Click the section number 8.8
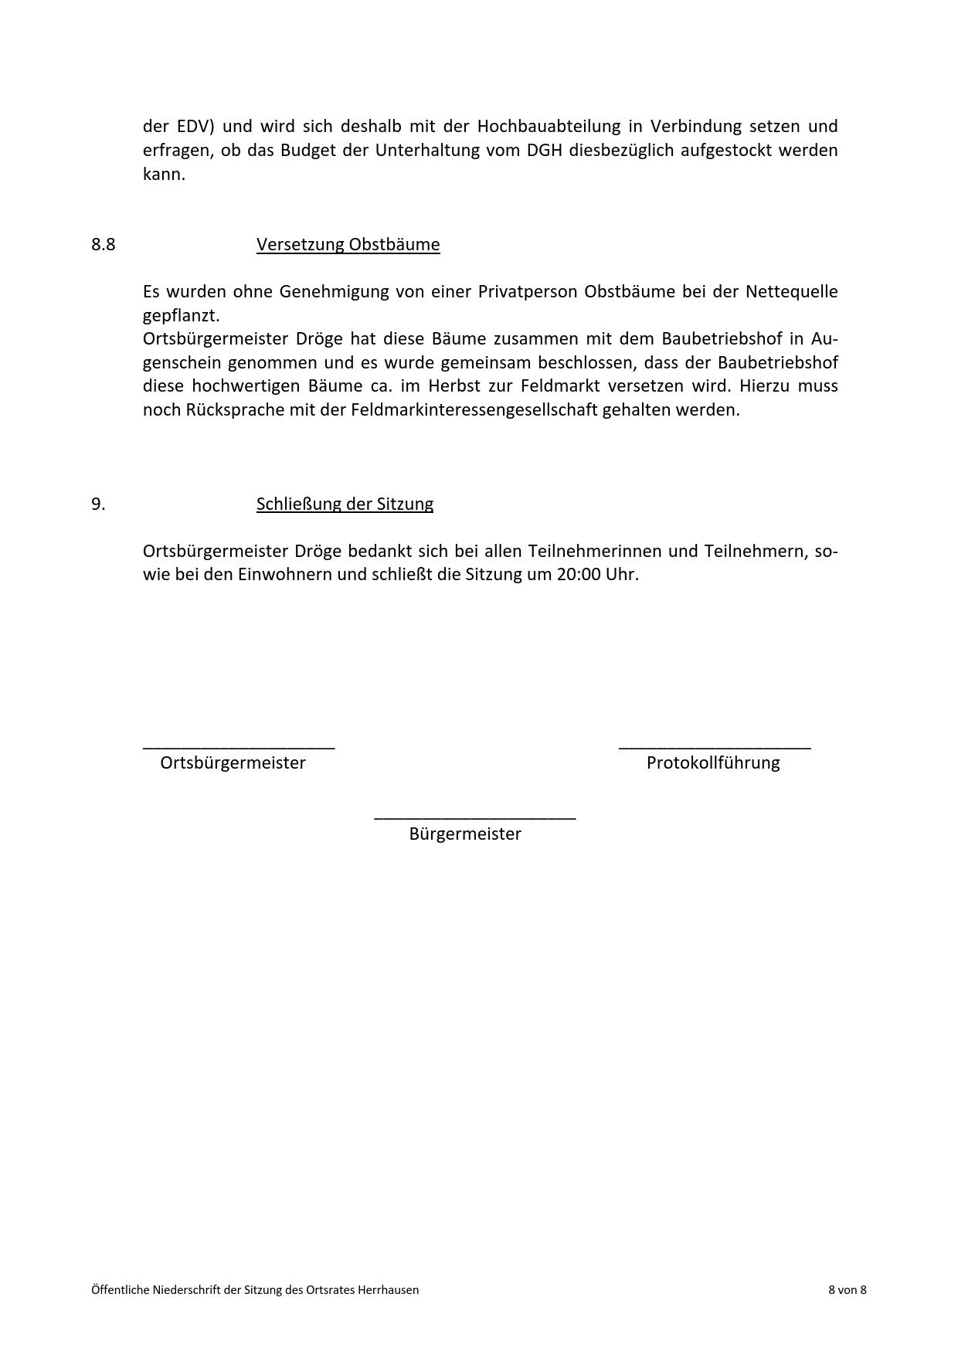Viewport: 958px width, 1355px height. point(103,245)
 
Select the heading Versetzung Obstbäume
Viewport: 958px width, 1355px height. point(348,245)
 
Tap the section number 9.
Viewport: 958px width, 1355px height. point(98,504)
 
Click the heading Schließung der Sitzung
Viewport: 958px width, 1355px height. point(345,504)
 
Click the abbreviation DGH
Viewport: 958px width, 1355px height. point(545,150)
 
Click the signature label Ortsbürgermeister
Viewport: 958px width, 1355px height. point(233,763)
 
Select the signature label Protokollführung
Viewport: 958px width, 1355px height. point(713,763)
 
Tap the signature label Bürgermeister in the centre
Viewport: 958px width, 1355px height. point(465,834)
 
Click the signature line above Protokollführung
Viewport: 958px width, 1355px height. point(715,747)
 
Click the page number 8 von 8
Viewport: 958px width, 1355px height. point(847,1289)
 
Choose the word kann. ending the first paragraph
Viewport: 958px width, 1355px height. point(164,174)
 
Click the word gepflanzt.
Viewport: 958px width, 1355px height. point(181,316)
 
